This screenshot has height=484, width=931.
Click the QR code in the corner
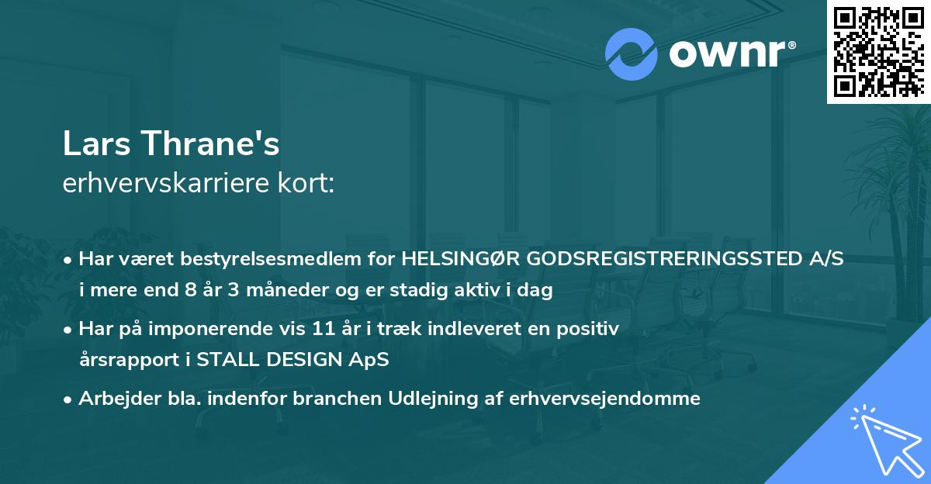click(879, 52)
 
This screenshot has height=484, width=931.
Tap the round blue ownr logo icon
click(632, 54)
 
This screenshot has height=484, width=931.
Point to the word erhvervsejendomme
click(607, 399)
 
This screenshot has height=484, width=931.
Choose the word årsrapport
click(121, 360)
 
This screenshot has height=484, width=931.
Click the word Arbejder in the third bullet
click(112, 399)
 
